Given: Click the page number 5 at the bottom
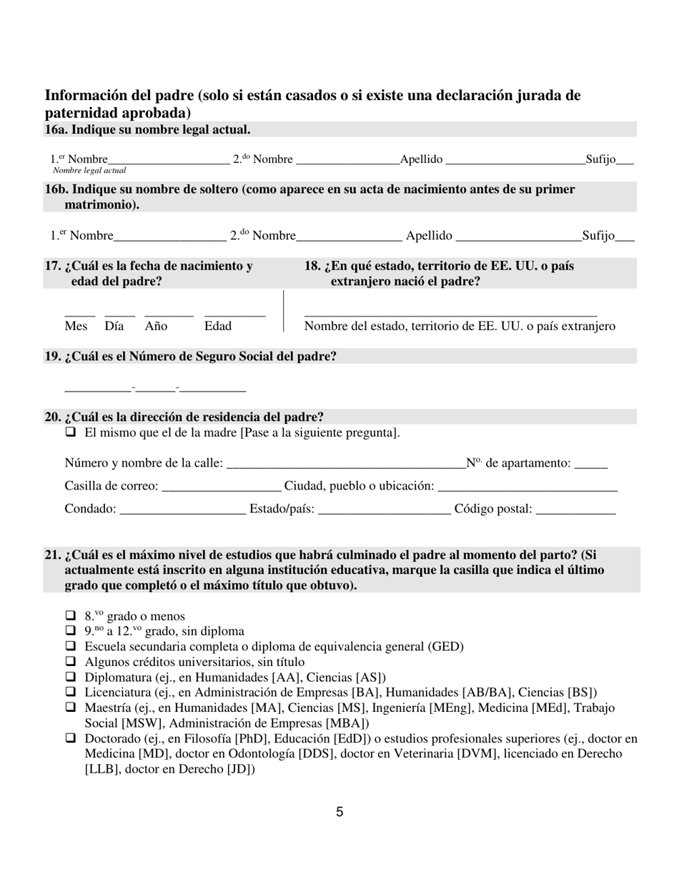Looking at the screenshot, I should (339, 812).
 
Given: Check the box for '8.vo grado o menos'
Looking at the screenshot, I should (70, 616).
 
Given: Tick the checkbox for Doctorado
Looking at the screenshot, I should (70, 738).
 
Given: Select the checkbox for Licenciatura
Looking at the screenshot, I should (70, 692).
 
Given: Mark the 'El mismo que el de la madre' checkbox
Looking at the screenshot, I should (70, 432).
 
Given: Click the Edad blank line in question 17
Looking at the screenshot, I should (234, 314).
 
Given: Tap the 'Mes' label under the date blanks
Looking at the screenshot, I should (76, 326).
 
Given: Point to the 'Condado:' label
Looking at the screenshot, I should (90, 509).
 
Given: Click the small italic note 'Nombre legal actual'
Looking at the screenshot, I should (89, 171).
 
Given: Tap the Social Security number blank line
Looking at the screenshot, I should (155, 390).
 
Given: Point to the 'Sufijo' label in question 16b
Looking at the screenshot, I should (598, 235).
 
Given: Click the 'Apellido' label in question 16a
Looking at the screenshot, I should (421, 159).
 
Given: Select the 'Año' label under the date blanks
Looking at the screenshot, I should (156, 326).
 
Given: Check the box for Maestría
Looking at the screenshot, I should (70, 707).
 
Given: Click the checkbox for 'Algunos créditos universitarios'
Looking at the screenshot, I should (70, 662).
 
